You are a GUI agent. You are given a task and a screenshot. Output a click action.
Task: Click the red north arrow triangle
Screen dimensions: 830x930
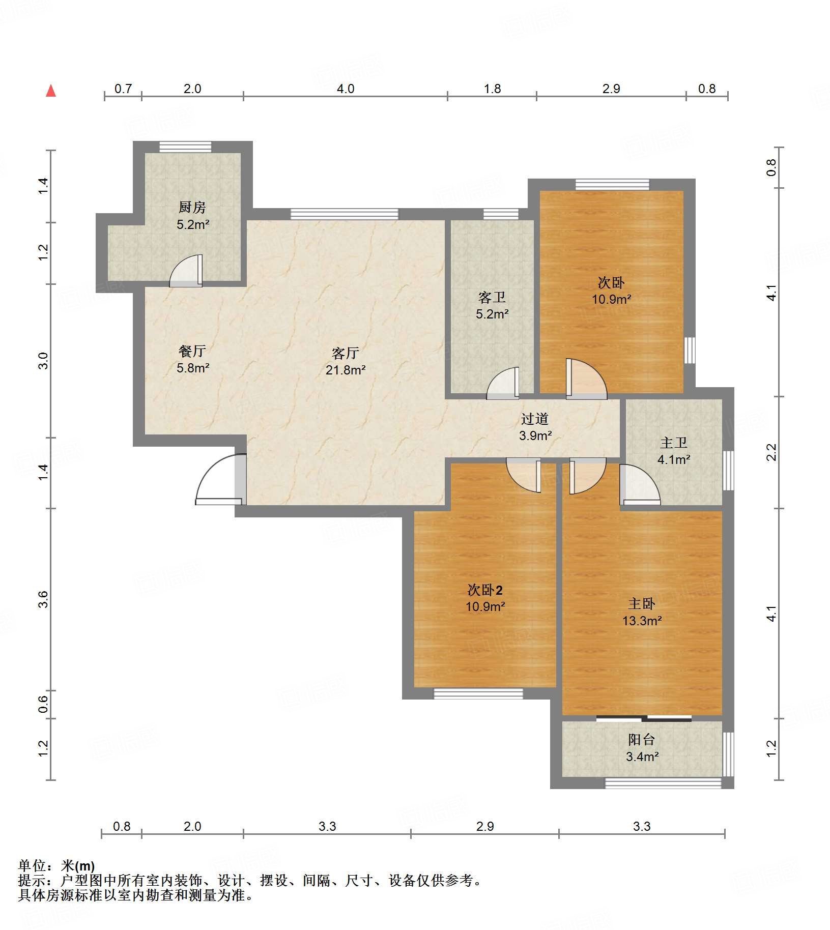(51, 91)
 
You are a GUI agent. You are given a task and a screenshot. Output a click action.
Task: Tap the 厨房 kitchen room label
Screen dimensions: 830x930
(192, 208)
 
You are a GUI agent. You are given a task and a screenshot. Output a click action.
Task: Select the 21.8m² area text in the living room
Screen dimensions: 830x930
(346, 370)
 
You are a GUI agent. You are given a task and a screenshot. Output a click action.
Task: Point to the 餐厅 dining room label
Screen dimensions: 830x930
(192, 351)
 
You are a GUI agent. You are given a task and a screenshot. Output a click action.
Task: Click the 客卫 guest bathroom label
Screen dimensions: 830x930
(492, 297)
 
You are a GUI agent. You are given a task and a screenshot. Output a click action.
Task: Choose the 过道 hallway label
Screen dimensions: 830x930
(535, 419)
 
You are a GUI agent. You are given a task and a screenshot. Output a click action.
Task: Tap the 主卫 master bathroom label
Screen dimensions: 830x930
(673, 443)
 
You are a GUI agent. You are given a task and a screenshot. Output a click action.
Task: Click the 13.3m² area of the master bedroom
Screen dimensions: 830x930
(642, 621)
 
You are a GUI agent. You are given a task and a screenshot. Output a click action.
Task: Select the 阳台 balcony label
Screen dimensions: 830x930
(641, 740)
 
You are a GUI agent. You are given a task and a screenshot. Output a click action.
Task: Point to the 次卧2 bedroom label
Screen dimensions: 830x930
(485, 590)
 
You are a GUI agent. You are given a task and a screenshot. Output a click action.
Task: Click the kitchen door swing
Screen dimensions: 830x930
(186, 271)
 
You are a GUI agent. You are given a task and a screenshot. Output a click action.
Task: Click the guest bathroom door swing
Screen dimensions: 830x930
(503, 383)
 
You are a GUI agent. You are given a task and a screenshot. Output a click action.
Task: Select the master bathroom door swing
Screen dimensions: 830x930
(640, 484)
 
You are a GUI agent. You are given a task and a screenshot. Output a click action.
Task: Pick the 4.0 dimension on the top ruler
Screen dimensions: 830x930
(346, 89)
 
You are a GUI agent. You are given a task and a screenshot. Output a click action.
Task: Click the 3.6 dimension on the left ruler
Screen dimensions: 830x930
(43, 599)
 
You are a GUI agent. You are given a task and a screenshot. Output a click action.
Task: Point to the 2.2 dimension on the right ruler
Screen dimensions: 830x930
(771, 452)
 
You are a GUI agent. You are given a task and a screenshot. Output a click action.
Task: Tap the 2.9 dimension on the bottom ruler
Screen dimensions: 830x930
(485, 827)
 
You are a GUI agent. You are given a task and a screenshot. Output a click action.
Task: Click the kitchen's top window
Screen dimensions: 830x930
(185, 147)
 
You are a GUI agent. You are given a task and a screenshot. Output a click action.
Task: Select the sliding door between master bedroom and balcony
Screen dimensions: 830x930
(644, 718)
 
